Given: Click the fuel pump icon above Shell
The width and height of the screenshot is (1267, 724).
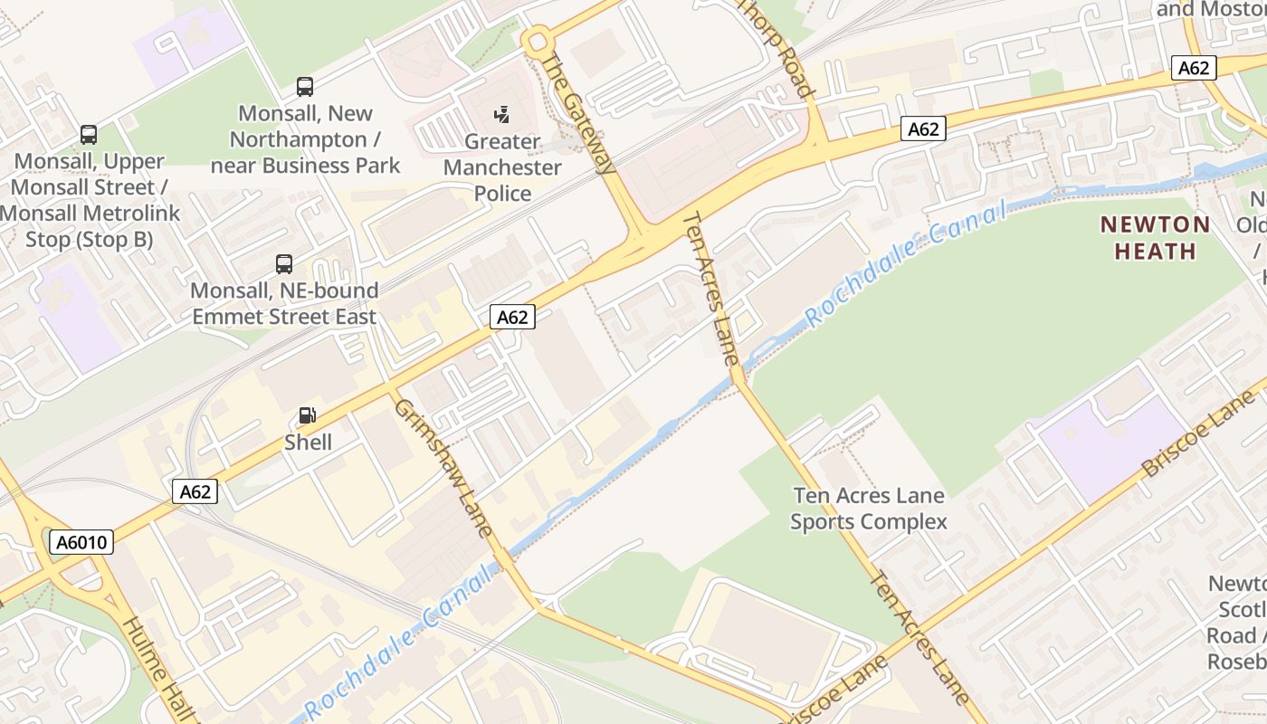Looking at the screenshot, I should (x=308, y=415).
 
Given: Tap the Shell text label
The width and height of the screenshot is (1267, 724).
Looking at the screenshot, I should (x=308, y=443).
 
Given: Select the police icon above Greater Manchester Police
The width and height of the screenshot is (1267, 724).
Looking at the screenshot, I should (x=502, y=115).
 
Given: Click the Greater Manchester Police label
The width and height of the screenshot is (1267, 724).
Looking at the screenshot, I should (x=502, y=167).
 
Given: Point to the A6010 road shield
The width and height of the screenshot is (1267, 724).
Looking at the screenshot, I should (x=81, y=542).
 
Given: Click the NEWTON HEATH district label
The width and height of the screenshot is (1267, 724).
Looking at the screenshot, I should (x=1155, y=237).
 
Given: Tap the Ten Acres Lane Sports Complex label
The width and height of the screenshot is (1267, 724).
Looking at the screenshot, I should (x=869, y=509).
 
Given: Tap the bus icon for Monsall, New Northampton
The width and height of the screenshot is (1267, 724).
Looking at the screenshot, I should (x=305, y=87).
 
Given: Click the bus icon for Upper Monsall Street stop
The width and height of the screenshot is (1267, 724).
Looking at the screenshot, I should (x=89, y=135).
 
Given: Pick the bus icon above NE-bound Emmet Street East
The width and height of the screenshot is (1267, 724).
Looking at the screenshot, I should (x=284, y=264).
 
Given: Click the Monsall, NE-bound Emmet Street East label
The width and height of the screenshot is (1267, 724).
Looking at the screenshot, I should (x=284, y=304).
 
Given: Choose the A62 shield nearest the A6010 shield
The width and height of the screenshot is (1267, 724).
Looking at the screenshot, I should (x=195, y=491).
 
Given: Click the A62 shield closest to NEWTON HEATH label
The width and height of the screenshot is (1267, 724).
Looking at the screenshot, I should (x=1194, y=67).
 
